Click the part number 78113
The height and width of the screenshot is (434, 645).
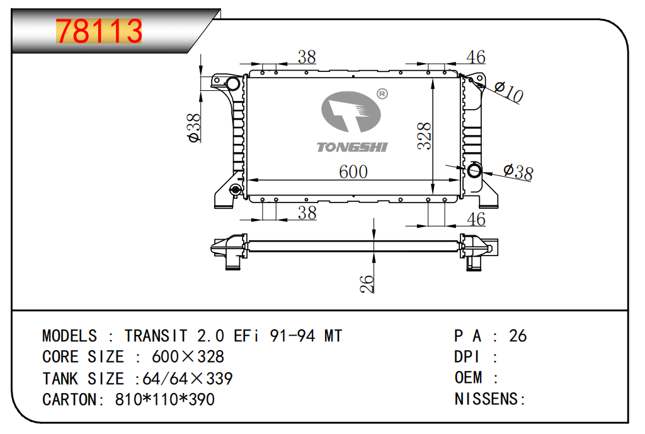pos(100,31)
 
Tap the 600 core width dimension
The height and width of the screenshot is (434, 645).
pos(353,172)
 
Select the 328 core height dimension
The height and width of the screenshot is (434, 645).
pos(425,136)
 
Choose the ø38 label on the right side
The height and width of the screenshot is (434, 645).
pos(518,172)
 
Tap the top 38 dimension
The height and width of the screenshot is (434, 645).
pos(307,57)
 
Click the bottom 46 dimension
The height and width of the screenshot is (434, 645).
pos(476,219)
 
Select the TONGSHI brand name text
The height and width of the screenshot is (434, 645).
pos(352,147)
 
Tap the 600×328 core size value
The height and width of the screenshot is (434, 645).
pos(188,357)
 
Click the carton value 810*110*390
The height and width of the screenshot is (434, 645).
pos(164,399)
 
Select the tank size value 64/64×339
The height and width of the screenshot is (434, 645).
pos(188,378)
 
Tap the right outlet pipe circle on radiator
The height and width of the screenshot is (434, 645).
pos(474,170)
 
